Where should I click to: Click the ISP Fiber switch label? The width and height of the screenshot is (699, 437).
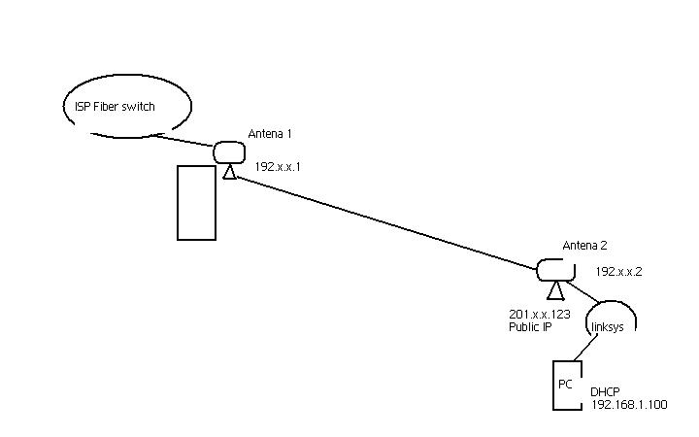[x=115, y=107]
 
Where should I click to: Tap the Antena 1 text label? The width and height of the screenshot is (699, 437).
[x=270, y=132]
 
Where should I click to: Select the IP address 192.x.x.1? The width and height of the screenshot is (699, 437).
[x=279, y=167]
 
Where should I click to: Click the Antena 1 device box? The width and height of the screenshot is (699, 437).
[x=230, y=151]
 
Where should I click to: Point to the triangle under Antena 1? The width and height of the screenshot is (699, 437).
[x=229, y=172]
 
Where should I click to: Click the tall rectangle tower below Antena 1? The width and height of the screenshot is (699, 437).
[x=196, y=202]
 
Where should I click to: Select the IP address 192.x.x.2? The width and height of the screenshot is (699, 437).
[x=618, y=273]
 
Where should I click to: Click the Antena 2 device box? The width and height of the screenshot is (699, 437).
[x=554, y=268]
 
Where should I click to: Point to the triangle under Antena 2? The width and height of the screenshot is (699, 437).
[x=554, y=290]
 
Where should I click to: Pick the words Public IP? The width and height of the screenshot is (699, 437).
[x=530, y=327]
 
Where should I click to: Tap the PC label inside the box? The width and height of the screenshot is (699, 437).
[x=565, y=385]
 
